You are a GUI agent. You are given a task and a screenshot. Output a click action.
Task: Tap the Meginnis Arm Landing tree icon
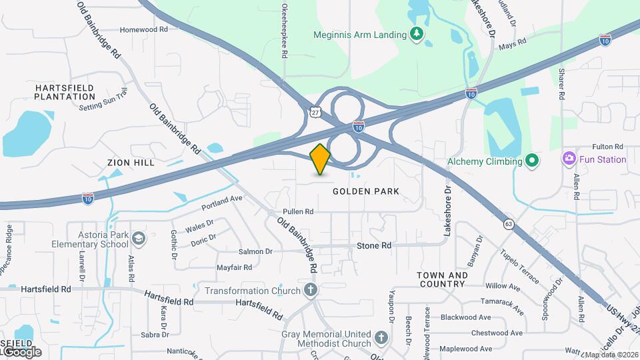417,34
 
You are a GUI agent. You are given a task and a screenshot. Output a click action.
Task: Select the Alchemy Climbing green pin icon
531,161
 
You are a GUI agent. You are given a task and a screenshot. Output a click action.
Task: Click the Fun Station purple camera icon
569,159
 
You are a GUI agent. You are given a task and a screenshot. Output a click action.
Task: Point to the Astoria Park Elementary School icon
138,239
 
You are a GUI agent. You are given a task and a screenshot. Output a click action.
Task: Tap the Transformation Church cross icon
310,290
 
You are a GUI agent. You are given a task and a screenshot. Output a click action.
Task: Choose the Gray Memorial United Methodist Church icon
381,338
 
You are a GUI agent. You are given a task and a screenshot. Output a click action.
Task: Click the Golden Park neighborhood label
366,191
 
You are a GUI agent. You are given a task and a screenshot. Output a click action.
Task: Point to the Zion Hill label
131,163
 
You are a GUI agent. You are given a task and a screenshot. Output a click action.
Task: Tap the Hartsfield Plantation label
65,92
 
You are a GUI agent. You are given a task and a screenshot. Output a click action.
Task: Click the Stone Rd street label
374,246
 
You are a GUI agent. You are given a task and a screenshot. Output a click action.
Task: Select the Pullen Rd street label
298,211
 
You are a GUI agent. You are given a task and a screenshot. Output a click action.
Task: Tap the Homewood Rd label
143,30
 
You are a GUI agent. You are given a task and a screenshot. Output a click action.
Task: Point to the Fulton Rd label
607,146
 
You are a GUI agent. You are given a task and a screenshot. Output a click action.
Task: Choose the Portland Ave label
222,199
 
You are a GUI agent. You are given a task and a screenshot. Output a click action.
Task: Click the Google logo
21,351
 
